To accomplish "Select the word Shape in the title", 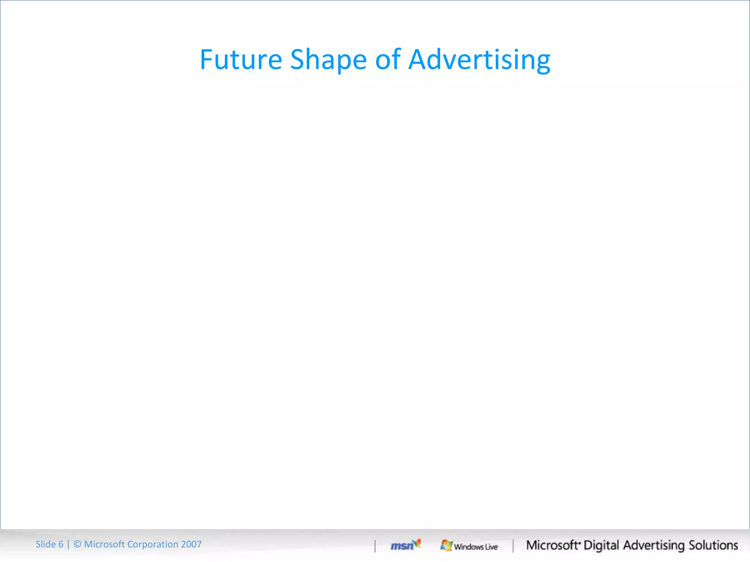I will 328,60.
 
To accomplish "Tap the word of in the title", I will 388,60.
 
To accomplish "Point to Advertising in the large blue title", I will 479,60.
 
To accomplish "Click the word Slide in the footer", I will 45,544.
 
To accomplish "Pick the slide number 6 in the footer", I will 61,544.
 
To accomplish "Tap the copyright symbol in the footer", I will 77,544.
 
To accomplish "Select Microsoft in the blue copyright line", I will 104,544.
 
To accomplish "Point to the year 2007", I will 191,544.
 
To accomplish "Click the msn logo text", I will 402,546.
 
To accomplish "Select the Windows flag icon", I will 446,545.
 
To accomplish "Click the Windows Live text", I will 476,547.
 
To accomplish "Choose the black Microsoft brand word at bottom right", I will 552,545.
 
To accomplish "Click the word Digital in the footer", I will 601,545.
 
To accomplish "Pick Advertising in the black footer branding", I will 654,545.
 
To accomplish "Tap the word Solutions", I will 713,545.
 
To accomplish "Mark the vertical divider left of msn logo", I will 375,546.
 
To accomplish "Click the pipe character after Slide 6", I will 68,544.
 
